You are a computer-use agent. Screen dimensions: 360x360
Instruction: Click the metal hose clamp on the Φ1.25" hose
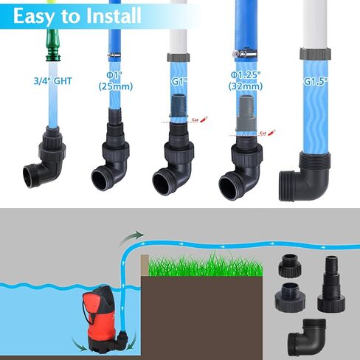244,54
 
